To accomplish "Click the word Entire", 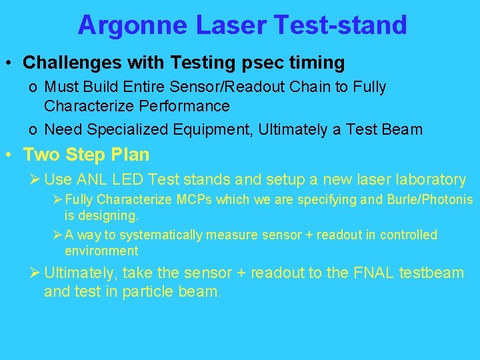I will [x=171, y=87].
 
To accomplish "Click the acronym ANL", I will [x=97, y=179].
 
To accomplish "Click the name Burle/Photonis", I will [x=430, y=200].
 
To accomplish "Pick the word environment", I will [x=101, y=251].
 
